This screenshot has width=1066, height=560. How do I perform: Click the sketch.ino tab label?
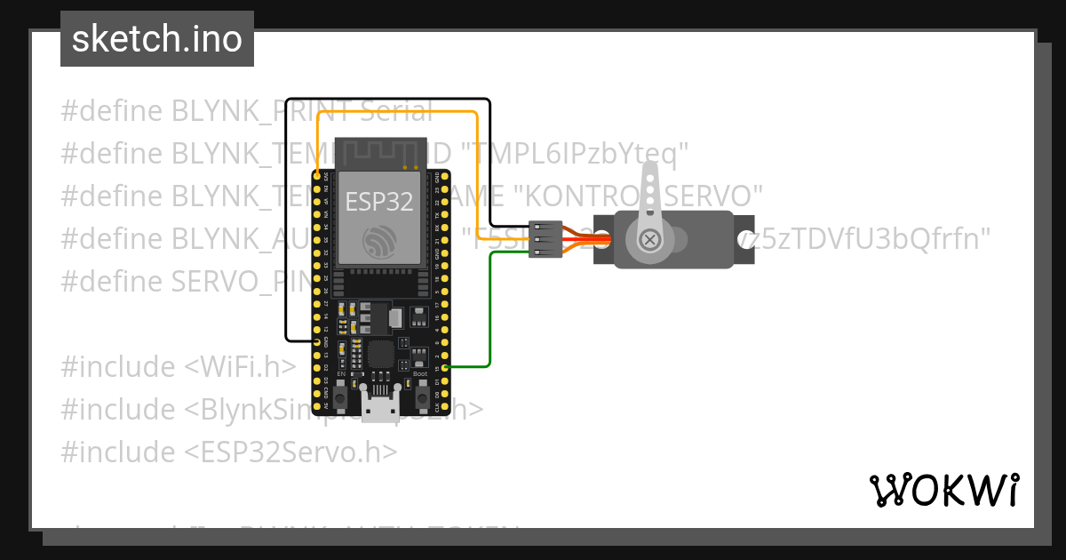tap(156, 39)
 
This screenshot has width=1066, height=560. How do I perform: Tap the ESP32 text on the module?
tap(379, 201)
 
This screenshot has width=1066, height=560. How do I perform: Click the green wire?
tap(489, 311)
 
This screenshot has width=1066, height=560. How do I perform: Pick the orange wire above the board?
tap(400, 112)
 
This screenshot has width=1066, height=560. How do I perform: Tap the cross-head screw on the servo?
tap(650, 239)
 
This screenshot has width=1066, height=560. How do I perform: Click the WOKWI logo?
tap(944, 490)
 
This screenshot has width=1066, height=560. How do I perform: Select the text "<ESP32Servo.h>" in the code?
tap(290, 452)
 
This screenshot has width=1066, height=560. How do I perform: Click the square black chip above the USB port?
tap(381, 354)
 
